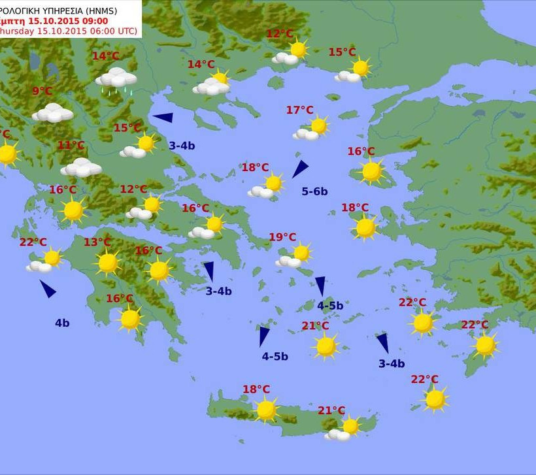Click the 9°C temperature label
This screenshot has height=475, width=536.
(42, 91)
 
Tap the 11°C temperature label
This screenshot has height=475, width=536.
(71, 145)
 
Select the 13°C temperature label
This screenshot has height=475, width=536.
(97, 242)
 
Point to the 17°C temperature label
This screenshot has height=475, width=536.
(299, 110)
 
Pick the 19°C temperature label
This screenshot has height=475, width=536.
(282, 237)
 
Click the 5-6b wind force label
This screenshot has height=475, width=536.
(314, 191)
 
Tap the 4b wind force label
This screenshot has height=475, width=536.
(62, 322)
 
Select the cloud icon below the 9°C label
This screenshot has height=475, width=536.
(52, 113)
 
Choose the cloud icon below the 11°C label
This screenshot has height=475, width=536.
(81, 168)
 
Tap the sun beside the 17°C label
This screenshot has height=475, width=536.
(318, 125)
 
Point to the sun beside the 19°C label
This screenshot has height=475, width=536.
(301, 253)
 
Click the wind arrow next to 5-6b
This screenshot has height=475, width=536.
(299, 169)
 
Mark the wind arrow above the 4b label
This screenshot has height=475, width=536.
(48, 288)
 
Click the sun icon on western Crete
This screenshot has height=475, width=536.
(266, 410)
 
